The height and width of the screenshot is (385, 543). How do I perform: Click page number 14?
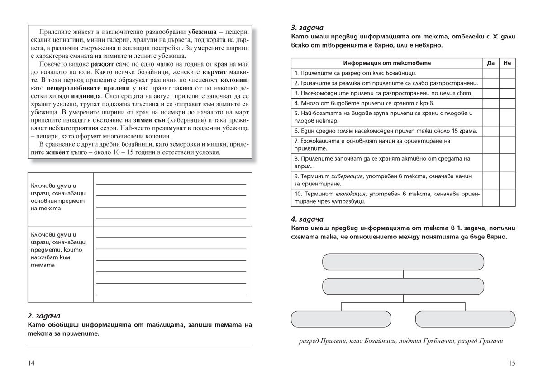(31, 363)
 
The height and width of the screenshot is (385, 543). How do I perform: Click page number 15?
(512, 363)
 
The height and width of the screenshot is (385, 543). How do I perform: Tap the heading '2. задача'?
(43, 316)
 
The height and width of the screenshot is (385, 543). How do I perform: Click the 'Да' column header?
(491, 63)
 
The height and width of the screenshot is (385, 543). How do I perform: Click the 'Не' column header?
(507, 63)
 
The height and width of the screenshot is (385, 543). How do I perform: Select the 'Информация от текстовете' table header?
(387, 63)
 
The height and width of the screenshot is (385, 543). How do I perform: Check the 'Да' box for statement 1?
(491, 73)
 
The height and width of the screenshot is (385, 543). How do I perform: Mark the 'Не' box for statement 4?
(507, 103)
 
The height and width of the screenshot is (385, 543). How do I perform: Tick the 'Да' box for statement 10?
(491, 198)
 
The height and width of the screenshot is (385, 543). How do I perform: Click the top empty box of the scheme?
(403, 262)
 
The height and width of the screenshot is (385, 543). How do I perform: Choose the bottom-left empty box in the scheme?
(340, 319)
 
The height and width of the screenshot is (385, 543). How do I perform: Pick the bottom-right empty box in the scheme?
(465, 319)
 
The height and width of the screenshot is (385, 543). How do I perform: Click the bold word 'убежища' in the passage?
(202, 32)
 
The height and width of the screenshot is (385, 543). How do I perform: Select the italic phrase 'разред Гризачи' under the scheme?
(481, 341)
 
